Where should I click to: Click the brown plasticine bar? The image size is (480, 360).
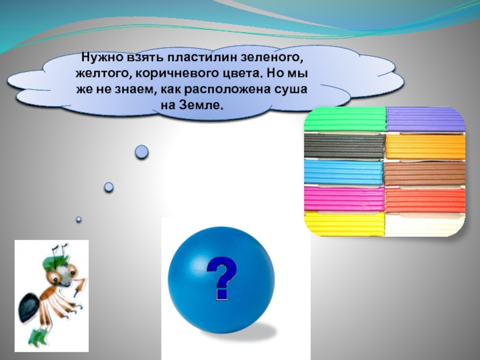coord(425,173)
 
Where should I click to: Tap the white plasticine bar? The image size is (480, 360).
coord(425,226)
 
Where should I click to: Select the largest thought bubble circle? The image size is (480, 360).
coord(142,152)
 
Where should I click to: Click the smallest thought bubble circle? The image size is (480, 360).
coord(79,220)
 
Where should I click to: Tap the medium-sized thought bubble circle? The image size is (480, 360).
coord(109,187)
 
